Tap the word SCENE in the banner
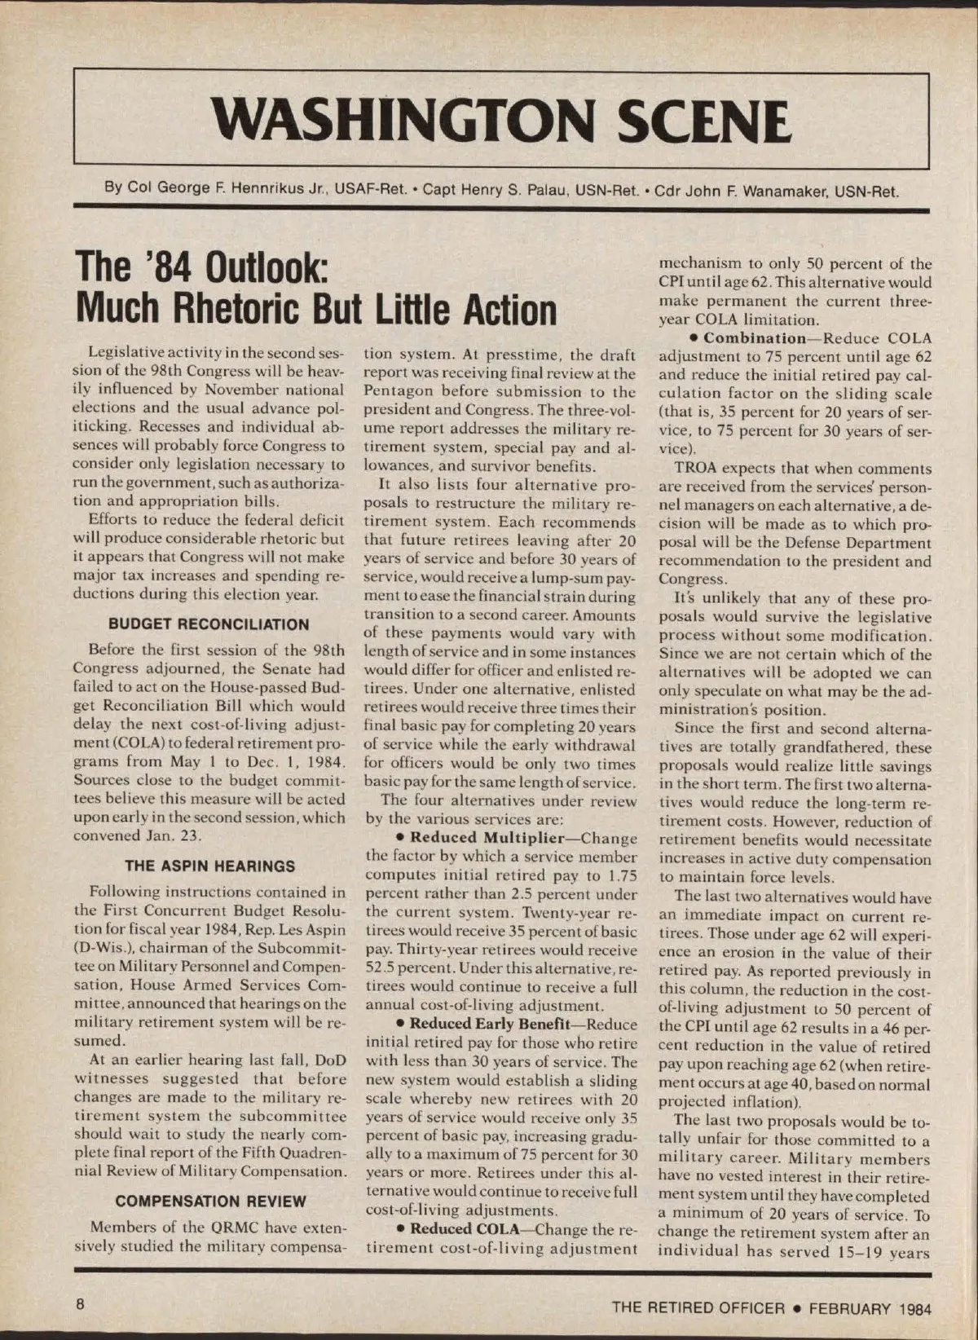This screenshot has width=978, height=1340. (703, 121)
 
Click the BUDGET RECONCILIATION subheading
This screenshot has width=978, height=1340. (209, 625)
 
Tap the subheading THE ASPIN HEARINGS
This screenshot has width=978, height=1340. (209, 866)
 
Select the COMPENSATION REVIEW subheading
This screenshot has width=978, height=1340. (210, 1201)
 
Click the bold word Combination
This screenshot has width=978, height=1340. (754, 338)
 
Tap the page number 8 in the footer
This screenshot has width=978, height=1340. (80, 1303)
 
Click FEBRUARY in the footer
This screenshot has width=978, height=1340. (849, 1309)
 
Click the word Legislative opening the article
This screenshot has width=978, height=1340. (129, 352)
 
